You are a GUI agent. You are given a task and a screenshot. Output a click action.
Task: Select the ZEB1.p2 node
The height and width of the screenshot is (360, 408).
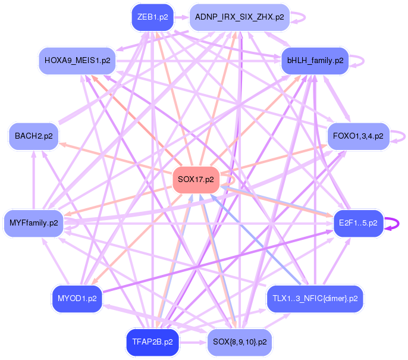[x=152, y=17]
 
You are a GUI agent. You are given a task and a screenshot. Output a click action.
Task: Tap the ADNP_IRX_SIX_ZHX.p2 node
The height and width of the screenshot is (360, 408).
[x=239, y=17]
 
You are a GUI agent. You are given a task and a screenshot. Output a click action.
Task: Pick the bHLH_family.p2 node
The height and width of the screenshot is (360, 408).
[x=315, y=60]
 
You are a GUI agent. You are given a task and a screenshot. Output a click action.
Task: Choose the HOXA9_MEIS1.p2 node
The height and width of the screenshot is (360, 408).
[x=77, y=60]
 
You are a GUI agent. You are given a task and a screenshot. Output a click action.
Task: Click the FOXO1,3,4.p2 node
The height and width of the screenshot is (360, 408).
[x=358, y=136]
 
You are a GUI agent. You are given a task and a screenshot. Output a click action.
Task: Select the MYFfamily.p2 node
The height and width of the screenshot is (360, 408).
[x=33, y=223]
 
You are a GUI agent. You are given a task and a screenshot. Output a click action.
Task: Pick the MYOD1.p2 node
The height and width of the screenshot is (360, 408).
[x=77, y=298]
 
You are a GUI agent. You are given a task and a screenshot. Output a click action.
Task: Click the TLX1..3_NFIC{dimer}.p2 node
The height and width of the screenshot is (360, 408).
[x=315, y=298]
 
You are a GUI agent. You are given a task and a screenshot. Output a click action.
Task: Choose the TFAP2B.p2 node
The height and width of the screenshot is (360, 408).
[x=152, y=342]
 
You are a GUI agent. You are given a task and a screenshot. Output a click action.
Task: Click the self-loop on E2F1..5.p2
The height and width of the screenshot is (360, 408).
[x=393, y=223]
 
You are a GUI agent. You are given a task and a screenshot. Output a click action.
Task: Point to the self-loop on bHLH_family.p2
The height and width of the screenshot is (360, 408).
[x=358, y=60]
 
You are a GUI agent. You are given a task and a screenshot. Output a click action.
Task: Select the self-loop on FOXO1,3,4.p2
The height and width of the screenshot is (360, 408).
[x=400, y=136]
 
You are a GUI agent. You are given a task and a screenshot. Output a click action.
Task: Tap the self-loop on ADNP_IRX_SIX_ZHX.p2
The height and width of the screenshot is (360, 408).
[x=300, y=17]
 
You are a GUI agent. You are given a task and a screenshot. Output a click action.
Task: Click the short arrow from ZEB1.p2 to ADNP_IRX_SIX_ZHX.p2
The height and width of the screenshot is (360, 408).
[x=181, y=17]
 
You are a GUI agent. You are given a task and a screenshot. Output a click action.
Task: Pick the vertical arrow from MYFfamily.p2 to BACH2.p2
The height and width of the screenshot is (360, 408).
[x=33, y=179]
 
